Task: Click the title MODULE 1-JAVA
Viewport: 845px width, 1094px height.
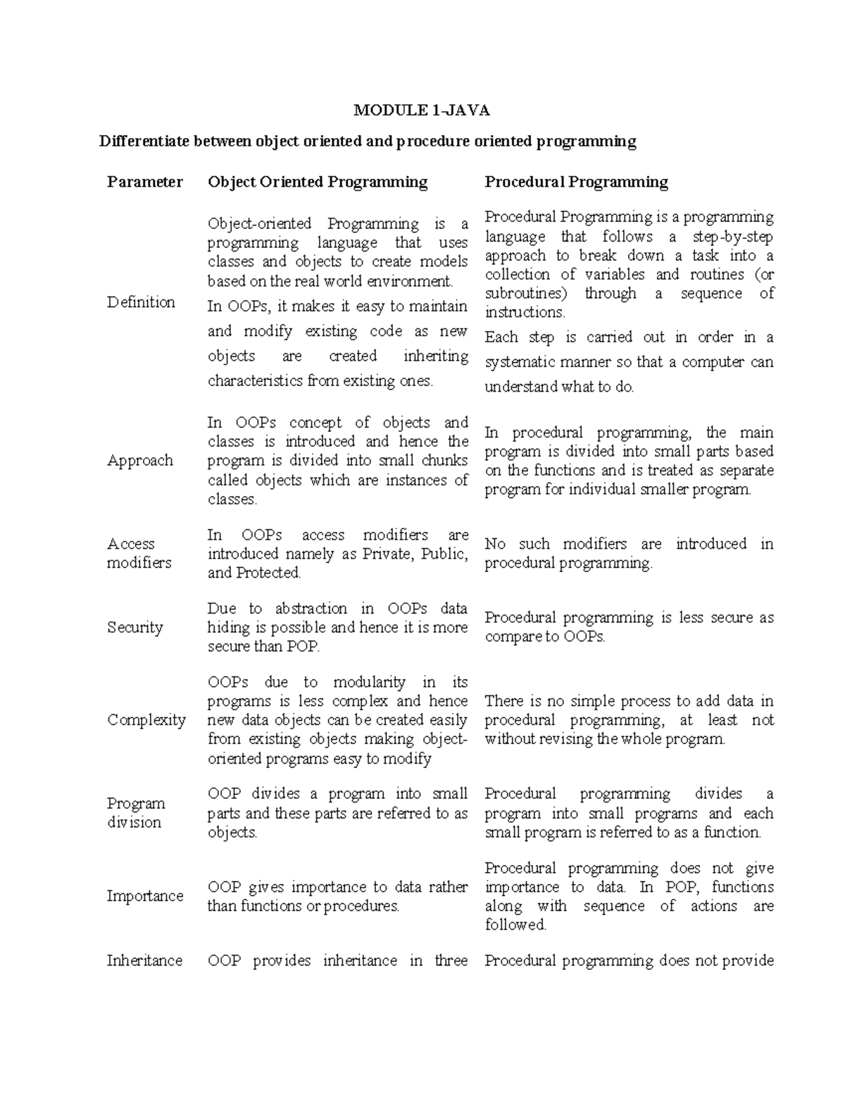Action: [421, 110]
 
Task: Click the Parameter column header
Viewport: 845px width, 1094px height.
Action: [144, 182]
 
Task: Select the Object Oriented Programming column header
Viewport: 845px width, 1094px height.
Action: [318, 182]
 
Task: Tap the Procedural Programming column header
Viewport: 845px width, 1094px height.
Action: [576, 182]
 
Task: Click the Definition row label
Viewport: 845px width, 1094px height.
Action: [141, 302]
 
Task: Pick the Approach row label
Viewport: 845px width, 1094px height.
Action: [139, 461]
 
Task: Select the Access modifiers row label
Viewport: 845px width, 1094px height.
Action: [139, 553]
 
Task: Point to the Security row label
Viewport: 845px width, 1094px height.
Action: [134, 628]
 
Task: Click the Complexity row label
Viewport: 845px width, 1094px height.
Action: [146, 720]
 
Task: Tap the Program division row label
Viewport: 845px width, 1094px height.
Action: [136, 813]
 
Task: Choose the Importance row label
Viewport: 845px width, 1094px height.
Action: [144, 896]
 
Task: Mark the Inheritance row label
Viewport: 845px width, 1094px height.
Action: [144, 961]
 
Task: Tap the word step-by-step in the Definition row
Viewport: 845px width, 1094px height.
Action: [733, 237]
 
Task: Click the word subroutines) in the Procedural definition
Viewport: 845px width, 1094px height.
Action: [525, 294]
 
